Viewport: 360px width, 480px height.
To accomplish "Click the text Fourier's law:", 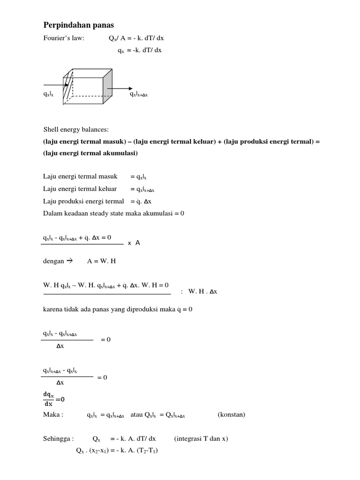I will tap(64, 38).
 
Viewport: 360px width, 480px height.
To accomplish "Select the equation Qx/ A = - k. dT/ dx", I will tap(135, 38).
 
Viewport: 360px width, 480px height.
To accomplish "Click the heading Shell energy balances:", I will tap(75, 129).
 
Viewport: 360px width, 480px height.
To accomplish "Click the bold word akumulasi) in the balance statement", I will tap(119, 153).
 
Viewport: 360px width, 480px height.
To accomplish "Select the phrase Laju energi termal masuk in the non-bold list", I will tap(80, 176).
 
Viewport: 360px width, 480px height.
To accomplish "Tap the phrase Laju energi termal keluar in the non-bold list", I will tap(80, 189).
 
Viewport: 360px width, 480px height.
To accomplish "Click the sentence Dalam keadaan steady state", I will tap(114, 213).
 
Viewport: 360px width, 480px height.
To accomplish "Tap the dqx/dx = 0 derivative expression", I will tap(54, 400).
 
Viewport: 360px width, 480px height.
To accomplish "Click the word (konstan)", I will tap(232, 414).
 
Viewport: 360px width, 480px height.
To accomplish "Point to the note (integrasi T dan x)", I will tap(201, 439).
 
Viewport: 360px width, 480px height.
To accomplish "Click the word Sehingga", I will tap(57, 439).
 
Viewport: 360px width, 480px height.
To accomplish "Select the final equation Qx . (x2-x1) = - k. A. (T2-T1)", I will tap(117, 451).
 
